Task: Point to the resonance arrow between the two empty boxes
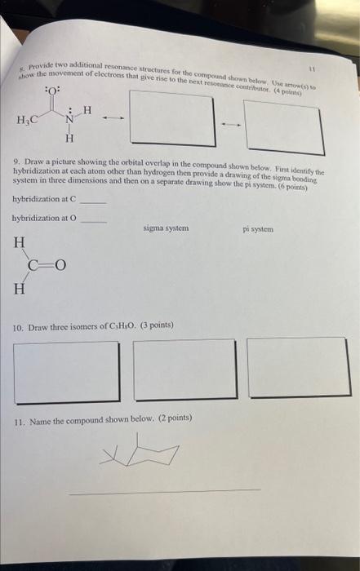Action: tap(230, 125)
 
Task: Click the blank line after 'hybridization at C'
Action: tap(94, 201)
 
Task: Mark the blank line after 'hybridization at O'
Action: tap(94, 219)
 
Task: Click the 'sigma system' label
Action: tap(166, 228)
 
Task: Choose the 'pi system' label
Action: tap(258, 229)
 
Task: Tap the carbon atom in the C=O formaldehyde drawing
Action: tap(33, 264)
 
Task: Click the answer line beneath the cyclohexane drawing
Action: tap(163, 491)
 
